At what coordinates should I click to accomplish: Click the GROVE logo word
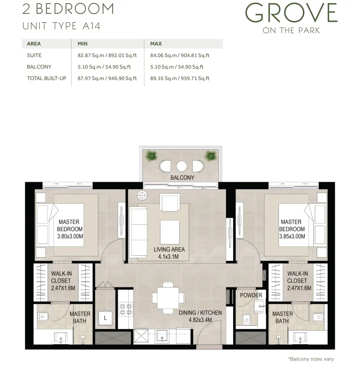[291, 13]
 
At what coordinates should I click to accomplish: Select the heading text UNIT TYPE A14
[61, 26]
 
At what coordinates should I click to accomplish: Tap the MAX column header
[156, 44]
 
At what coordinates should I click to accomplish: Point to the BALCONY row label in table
[39, 67]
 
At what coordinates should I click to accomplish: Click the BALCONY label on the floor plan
[182, 177]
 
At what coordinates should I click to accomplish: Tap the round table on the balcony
[181, 166]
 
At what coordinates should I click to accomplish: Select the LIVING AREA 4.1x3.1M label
[169, 253]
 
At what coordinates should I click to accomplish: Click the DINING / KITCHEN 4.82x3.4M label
[200, 316]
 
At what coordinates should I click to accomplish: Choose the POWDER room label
[251, 295]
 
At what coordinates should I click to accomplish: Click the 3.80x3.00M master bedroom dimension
[70, 236]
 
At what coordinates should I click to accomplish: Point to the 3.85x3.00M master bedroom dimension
[292, 236]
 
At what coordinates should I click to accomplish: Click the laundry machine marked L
[105, 318]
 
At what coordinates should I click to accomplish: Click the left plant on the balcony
[151, 155]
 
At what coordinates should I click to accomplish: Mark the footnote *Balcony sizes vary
[310, 359]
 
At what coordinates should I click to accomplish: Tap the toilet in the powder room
[246, 319]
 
